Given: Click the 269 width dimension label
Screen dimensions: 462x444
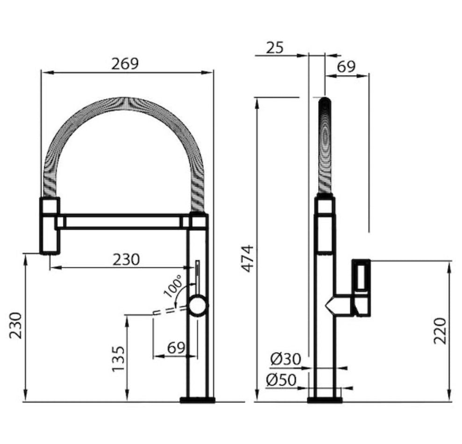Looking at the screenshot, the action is click(x=125, y=63).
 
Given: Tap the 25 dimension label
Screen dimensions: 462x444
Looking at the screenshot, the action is click(x=275, y=48).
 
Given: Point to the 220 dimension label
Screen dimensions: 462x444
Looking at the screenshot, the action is click(x=440, y=331).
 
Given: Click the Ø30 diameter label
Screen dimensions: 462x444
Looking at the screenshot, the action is click(x=286, y=359).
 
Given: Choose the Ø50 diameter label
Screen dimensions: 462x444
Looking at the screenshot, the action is click(x=281, y=380).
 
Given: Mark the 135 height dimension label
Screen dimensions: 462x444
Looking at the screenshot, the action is click(x=119, y=359).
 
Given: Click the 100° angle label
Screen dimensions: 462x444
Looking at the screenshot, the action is click(x=174, y=286).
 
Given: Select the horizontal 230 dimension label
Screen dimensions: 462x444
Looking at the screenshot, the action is click(x=127, y=259).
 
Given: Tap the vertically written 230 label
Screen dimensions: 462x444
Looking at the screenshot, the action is click(x=15, y=326).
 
